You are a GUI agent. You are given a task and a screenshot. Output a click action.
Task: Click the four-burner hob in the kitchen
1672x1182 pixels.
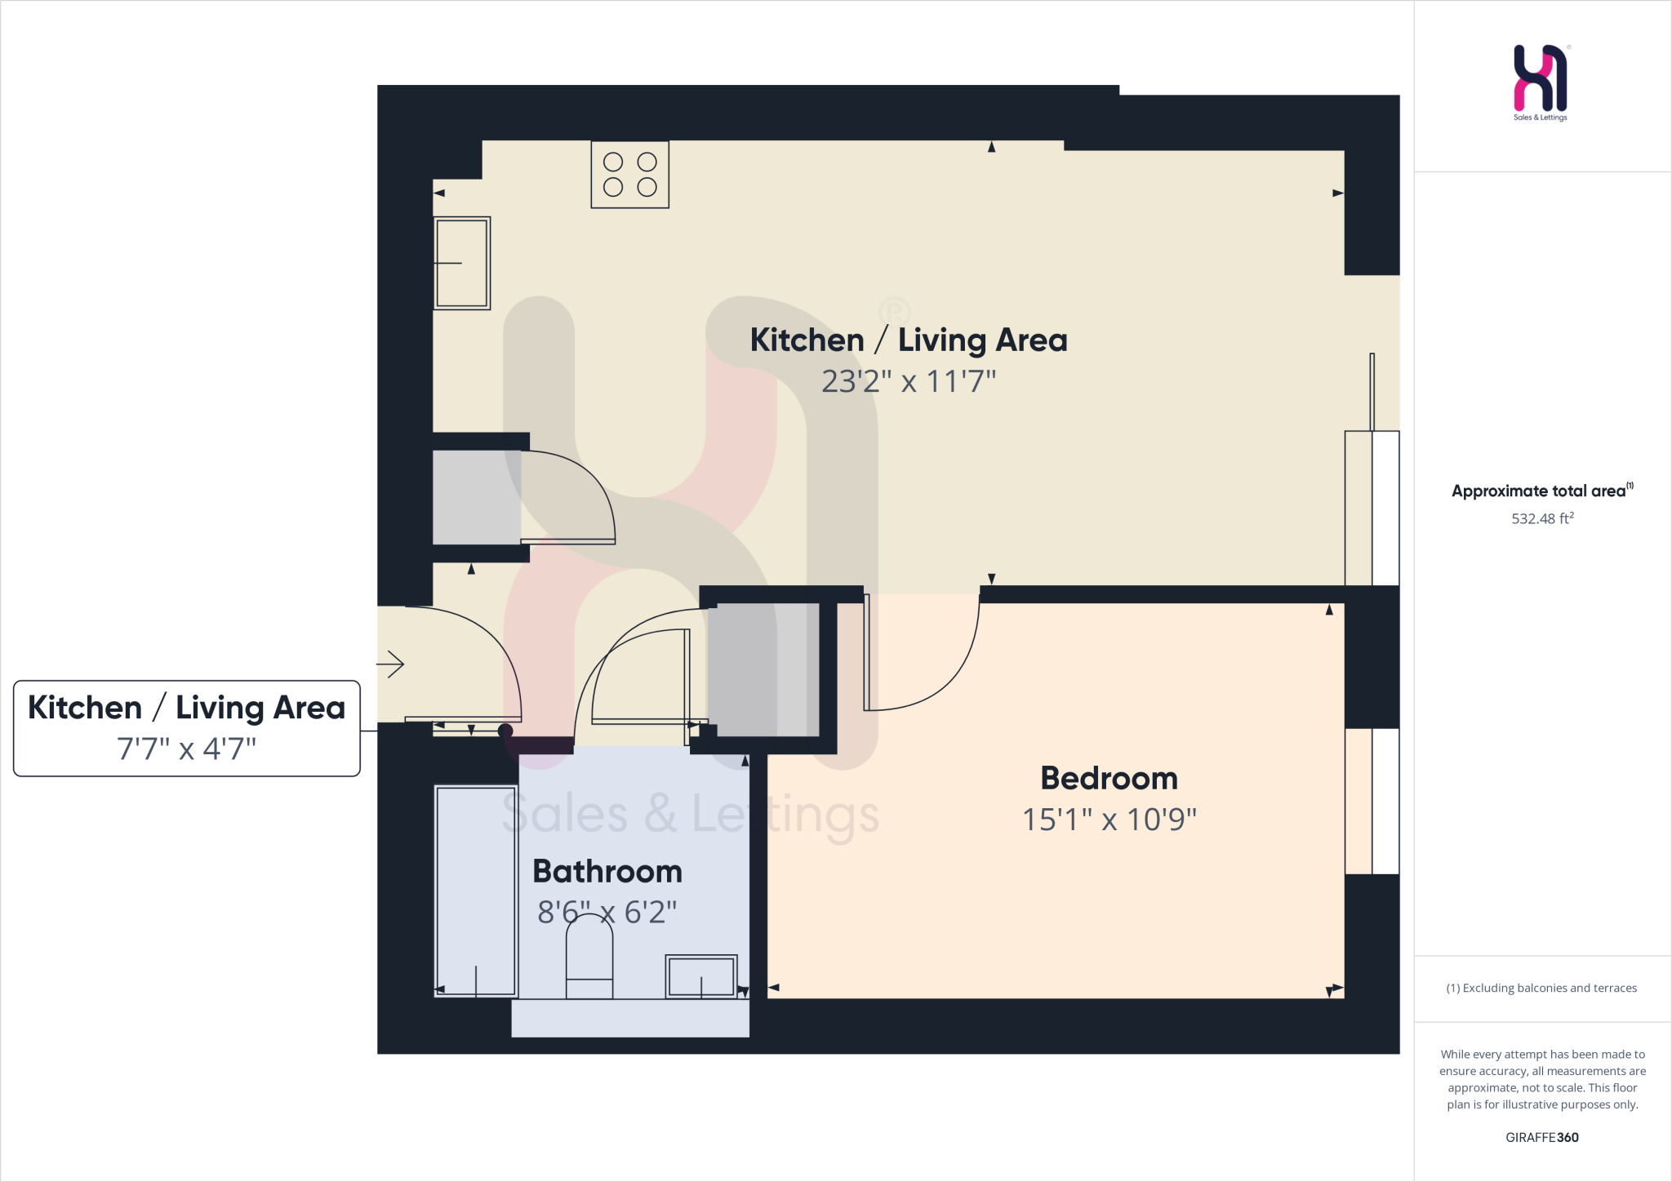tap(629, 175)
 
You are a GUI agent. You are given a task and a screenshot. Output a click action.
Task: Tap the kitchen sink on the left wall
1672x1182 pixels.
tap(461, 263)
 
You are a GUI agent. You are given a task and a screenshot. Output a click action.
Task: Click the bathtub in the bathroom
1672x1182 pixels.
tap(476, 891)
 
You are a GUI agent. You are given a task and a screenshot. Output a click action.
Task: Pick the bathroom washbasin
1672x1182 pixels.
tap(701, 976)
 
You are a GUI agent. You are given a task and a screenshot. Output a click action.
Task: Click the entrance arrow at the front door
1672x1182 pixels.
tap(391, 664)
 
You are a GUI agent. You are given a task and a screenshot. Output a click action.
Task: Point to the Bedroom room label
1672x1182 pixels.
tap(1109, 779)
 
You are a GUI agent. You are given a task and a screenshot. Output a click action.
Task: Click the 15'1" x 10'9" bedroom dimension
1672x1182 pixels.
tap(1109, 820)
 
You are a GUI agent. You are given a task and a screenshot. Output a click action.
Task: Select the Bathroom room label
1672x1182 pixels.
tap(607, 872)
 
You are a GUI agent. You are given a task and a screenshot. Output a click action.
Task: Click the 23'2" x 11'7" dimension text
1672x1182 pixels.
tap(909, 381)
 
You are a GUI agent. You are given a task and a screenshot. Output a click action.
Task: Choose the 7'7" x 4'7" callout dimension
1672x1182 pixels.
tap(186, 749)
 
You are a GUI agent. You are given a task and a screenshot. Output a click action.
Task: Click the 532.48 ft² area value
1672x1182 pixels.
tap(1542, 518)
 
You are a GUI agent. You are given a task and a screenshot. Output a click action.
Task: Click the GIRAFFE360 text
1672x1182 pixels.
tap(1541, 1137)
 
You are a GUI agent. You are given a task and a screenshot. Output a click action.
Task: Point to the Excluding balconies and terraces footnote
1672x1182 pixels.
tap(1541, 988)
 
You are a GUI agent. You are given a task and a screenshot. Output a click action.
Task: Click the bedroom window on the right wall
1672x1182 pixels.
tap(1372, 801)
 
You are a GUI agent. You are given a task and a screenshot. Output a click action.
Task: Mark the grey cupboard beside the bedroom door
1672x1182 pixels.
tap(763, 669)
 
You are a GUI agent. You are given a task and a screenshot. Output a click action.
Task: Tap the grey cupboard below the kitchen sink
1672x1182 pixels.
tap(477, 497)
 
